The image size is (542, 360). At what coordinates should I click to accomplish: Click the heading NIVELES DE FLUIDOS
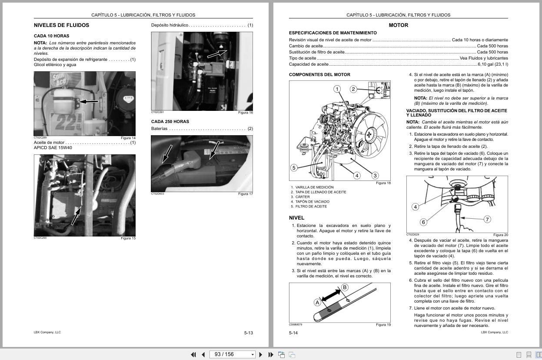tap(61, 25)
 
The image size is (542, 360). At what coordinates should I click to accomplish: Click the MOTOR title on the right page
tap(398, 25)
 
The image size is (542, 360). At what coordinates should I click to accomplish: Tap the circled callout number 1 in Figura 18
tap(337, 89)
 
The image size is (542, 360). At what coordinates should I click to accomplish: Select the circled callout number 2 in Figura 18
tap(353, 89)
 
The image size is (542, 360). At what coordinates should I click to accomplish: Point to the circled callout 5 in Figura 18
tap(294, 168)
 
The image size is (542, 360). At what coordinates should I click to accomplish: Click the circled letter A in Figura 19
tap(317, 303)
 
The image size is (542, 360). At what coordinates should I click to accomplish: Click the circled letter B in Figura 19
tap(345, 287)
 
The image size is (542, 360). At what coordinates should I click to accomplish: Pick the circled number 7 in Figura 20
tap(487, 220)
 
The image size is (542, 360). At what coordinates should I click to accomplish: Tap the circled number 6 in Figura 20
tap(423, 222)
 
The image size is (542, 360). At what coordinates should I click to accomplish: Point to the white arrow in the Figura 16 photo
tap(217, 53)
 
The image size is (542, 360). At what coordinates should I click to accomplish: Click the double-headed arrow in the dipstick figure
tap(331, 295)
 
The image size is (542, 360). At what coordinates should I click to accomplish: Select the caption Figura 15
tap(128, 238)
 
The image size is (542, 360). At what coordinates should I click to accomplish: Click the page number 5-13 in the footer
tap(248, 333)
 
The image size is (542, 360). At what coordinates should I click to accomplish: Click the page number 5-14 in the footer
tap(293, 333)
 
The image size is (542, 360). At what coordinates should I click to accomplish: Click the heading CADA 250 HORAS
tap(170, 122)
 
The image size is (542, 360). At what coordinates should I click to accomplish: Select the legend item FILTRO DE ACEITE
tap(311, 207)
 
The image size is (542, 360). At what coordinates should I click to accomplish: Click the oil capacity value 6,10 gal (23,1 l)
tap(492, 64)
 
